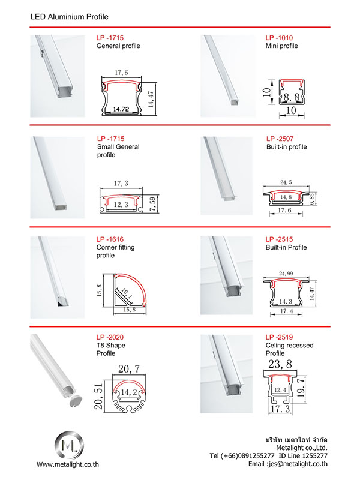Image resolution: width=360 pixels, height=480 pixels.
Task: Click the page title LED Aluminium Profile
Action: pyautogui.click(x=69, y=17)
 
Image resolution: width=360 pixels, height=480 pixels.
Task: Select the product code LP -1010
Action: pyautogui.click(x=279, y=38)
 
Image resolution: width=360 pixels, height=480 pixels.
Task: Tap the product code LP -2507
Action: pyautogui.click(x=280, y=139)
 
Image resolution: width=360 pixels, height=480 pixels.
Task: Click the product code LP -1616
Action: pyautogui.click(x=110, y=239)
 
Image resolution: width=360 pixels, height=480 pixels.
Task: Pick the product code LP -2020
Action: pyautogui.click(x=110, y=337)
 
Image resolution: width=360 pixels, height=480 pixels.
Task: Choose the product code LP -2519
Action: pyautogui.click(x=279, y=337)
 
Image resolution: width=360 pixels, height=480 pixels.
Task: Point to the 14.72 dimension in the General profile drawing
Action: pyautogui.click(x=121, y=109)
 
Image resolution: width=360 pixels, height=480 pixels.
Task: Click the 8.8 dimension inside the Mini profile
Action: pyautogui.click(x=292, y=97)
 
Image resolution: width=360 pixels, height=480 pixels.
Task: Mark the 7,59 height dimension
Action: pyautogui.click(x=152, y=204)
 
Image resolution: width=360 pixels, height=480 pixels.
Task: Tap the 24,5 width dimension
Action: pyautogui.click(x=286, y=182)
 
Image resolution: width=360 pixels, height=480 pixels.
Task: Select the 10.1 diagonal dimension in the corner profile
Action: pyautogui.click(x=127, y=293)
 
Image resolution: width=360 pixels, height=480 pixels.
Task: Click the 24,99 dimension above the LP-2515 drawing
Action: pyautogui.click(x=286, y=274)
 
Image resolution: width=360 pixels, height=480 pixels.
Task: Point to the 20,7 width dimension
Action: pyautogui.click(x=129, y=368)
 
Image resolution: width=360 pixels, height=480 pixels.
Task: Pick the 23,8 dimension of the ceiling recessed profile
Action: pyautogui.click(x=280, y=364)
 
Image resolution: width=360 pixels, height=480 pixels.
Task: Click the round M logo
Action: pyautogui.click(x=69, y=445)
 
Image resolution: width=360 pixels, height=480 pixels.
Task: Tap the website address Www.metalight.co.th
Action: pyautogui.click(x=68, y=464)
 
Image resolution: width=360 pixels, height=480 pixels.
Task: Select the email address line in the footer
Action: pyautogui.click(x=288, y=464)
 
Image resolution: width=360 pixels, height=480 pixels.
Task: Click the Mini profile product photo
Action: pyautogui.click(x=228, y=76)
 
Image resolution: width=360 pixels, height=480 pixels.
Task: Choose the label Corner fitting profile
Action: pyautogui.click(x=115, y=251)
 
